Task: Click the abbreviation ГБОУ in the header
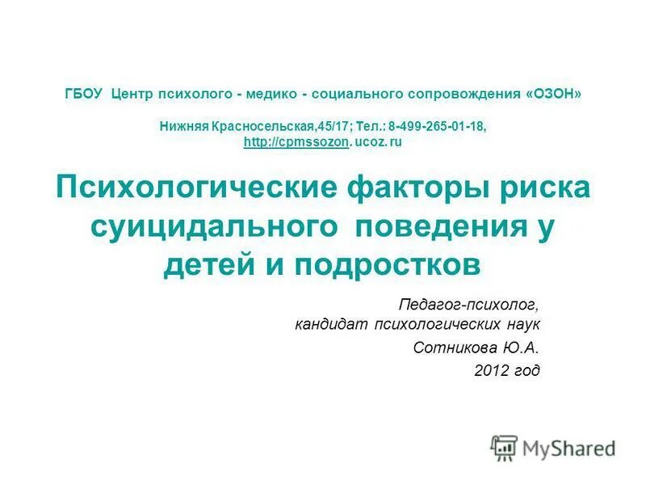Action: click(x=83, y=94)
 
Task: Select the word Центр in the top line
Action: click(x=134, y=94)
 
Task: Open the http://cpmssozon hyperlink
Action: click(x=296, y=141)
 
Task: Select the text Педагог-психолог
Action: click(x=468, y=305)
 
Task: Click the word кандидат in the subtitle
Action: click(x=330, y=325)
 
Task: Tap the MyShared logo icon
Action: click(x=505, y=448)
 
